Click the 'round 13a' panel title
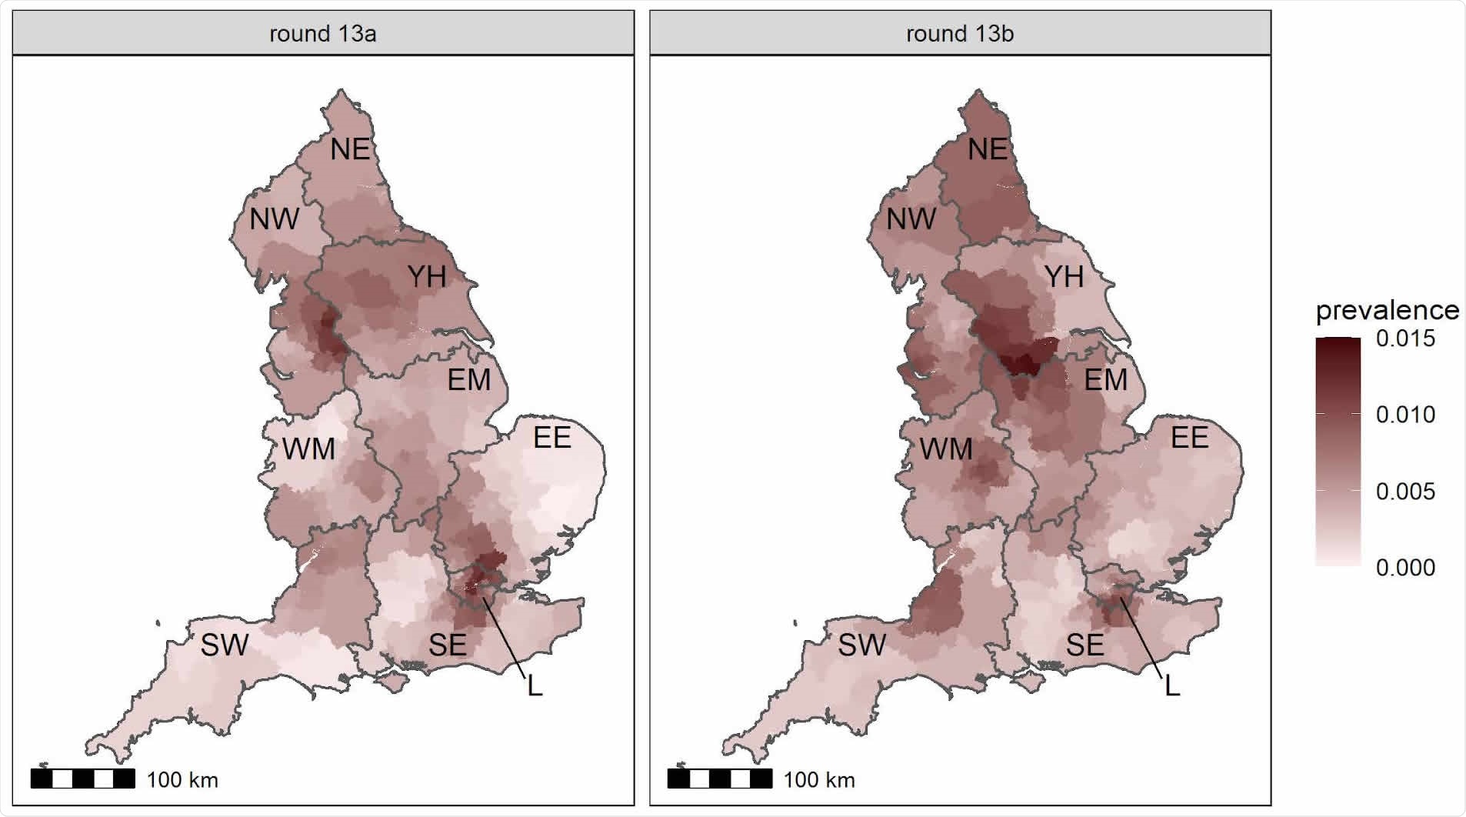coord(322,34)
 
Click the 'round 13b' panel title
coord(959,34)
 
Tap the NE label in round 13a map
coord(350,149)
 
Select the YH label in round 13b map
coord(1064,276)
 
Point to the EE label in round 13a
coord(551,437)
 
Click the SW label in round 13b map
coord(861,645)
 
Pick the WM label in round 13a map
coord(308,449)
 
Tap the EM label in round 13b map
coord(1105,379)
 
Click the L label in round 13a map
coord(535,685)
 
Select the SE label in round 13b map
coord(1085,645)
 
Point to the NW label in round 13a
coord(274,219)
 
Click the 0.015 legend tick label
coord(1405,338)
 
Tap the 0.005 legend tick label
coord(1405,492)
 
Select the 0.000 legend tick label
coord(1405,568)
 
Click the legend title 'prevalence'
coord(1387,310)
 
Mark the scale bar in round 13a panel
coord(83,779)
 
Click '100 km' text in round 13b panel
coord(819,780)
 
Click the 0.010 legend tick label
coord(1405,415)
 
